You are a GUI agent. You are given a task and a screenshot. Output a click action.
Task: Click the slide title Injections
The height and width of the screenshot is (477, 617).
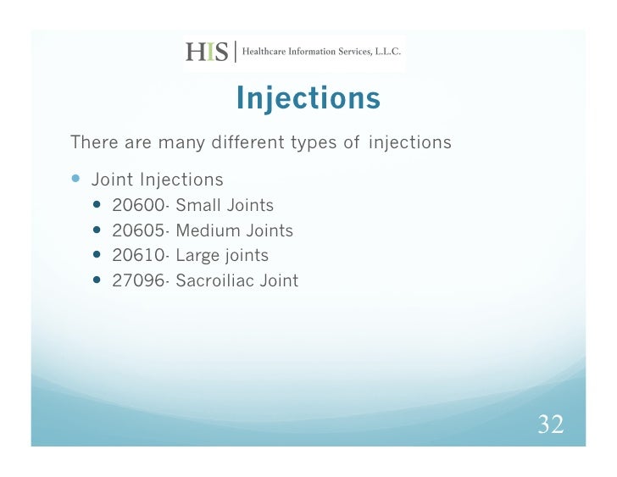pos(308,99)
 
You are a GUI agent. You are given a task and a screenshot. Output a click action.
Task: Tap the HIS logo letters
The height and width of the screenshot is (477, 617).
pos(207,53)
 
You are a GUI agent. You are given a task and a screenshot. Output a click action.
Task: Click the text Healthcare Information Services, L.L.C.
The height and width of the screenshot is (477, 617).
pos(322,53)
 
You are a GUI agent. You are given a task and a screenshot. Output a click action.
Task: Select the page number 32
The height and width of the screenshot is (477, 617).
pos(551,424)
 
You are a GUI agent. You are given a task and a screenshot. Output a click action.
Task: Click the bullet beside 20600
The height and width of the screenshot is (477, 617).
pos(99,205)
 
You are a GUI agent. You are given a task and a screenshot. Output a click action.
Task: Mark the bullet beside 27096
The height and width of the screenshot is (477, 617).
pos(99,280)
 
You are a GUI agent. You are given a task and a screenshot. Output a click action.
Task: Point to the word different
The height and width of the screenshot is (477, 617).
pos(244,142)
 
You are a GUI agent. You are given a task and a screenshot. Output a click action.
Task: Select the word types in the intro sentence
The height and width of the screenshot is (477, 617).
pos(314,143)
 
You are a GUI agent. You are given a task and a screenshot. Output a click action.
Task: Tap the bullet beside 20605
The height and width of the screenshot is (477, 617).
pos(99,230)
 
